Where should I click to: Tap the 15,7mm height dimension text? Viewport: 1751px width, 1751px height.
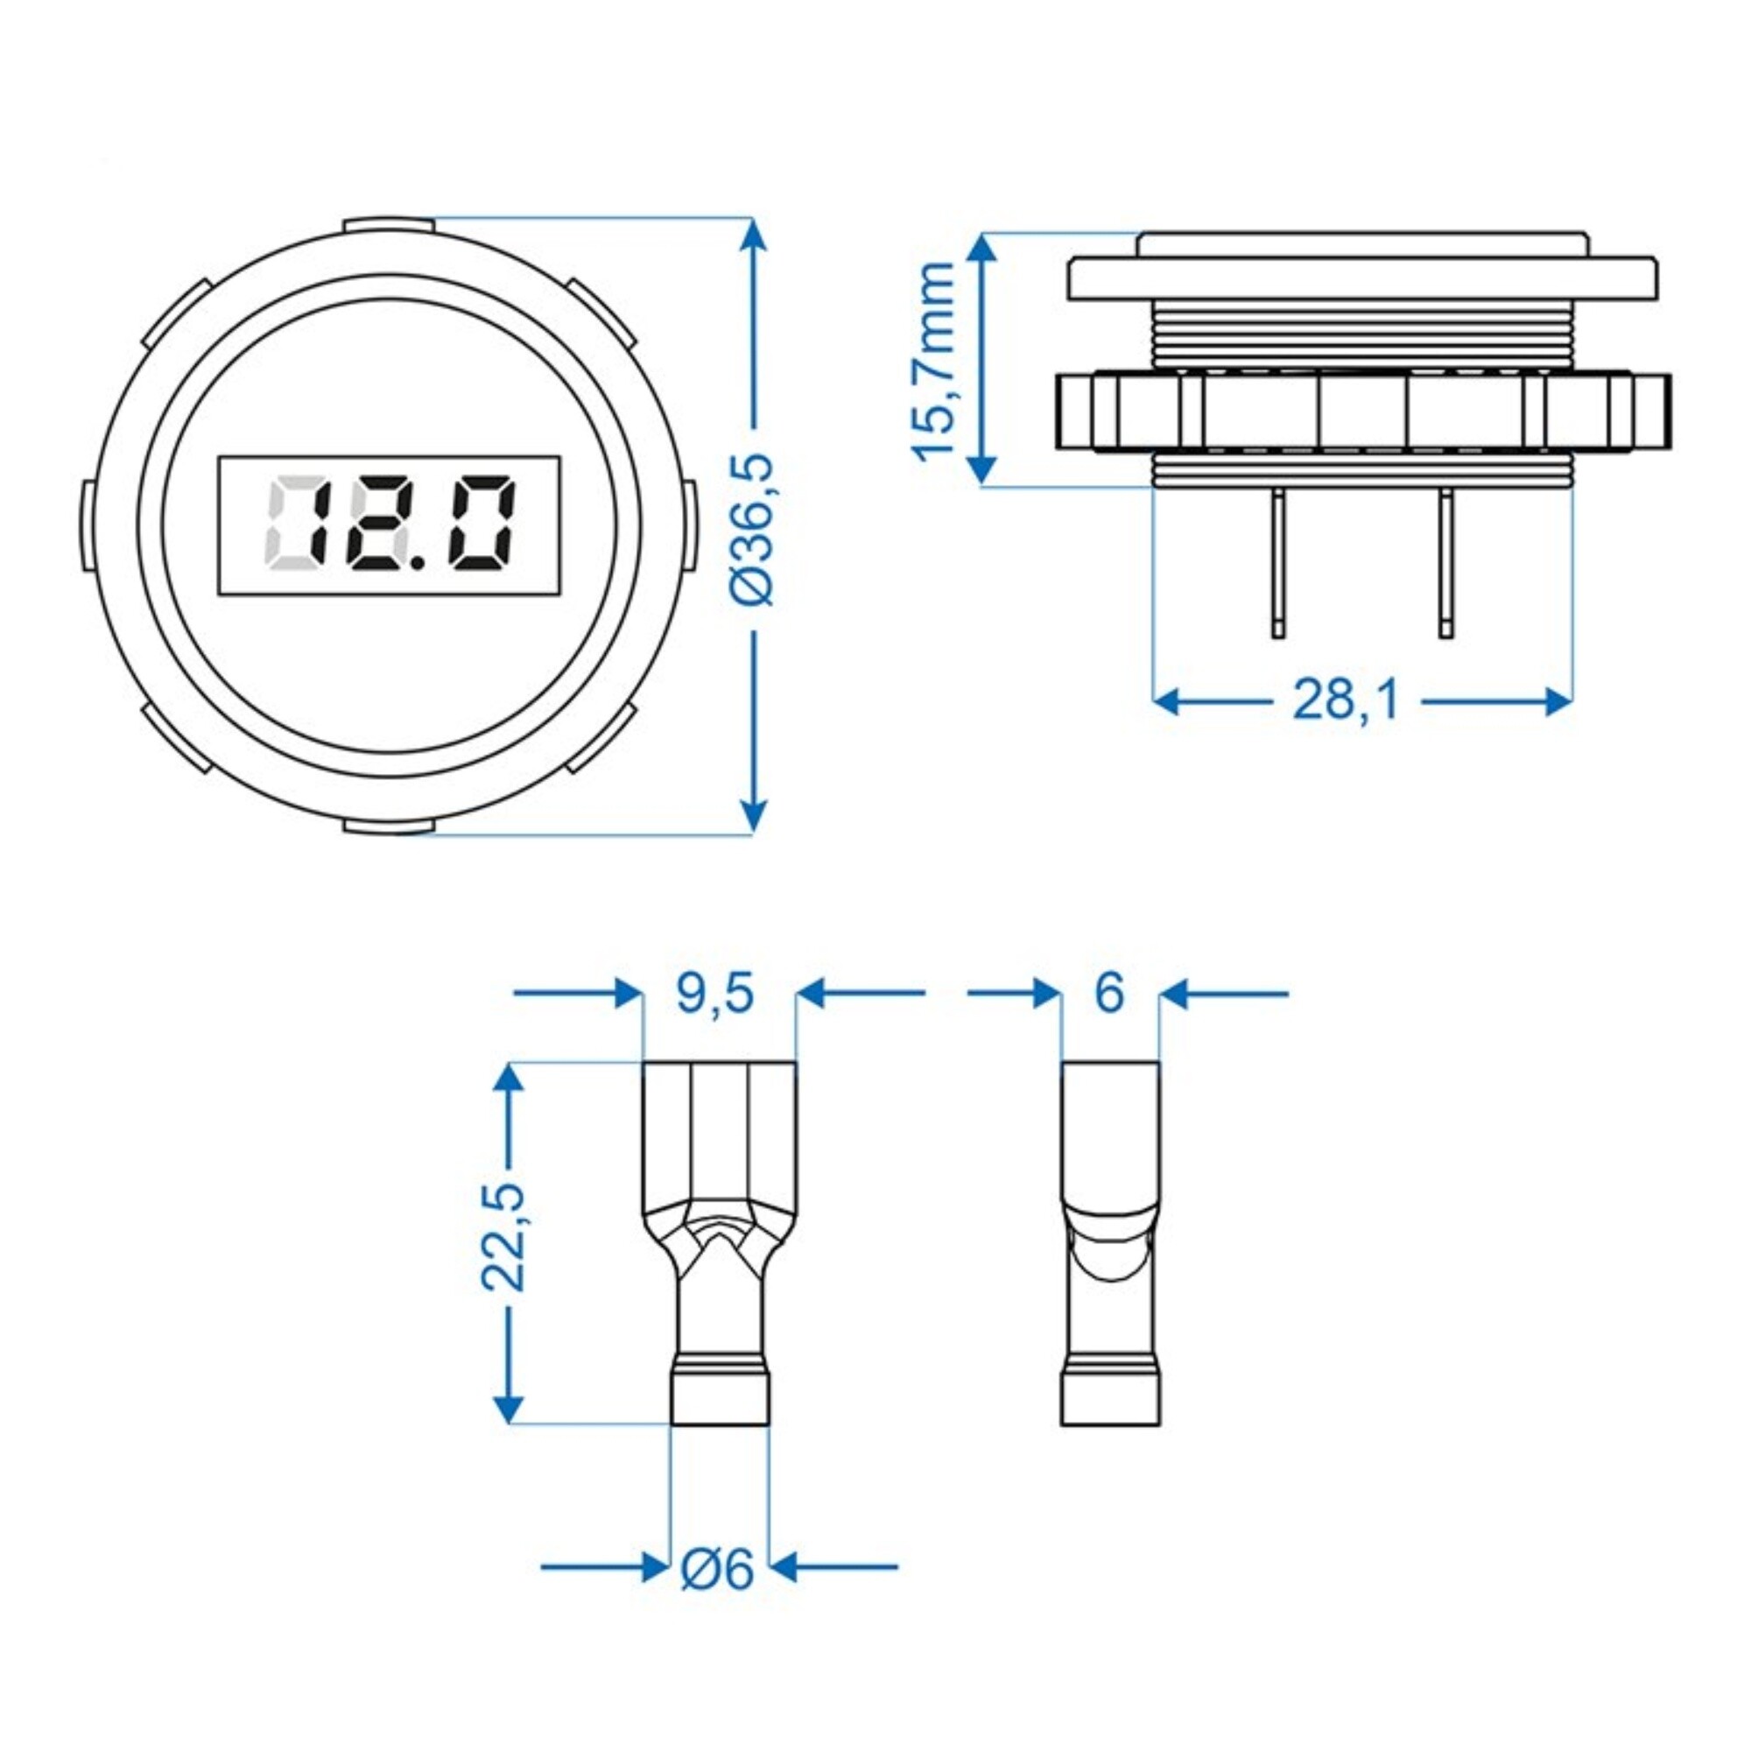tap(933, 361)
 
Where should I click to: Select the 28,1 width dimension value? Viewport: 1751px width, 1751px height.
tap(1345, 700)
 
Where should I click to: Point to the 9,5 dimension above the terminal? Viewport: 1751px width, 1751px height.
tap(715, 994)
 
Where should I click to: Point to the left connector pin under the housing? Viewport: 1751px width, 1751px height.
tap(1277, 562)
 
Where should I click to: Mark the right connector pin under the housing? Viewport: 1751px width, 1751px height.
tap(1445, 562)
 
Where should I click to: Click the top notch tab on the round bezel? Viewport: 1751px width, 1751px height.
tap(388, 222)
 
